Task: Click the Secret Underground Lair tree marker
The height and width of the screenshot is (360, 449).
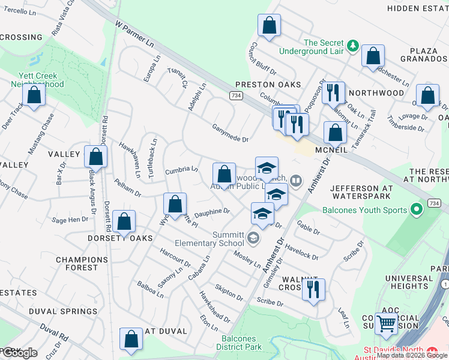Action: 354,46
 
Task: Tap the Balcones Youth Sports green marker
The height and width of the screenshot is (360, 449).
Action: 417,210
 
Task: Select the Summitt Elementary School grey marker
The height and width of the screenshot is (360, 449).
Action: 253,239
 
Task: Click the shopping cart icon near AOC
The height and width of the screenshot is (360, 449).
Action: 387,324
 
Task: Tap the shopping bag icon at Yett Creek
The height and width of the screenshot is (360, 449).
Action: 34,95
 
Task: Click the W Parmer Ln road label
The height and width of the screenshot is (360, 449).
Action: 134,35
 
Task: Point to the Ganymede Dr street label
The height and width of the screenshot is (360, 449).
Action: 230,133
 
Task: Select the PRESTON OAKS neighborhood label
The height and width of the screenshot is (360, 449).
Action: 267,85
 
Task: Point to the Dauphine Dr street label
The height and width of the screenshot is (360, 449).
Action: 212,212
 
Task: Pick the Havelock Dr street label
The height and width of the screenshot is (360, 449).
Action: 301,251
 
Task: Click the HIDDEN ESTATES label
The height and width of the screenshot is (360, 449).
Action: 417,8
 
